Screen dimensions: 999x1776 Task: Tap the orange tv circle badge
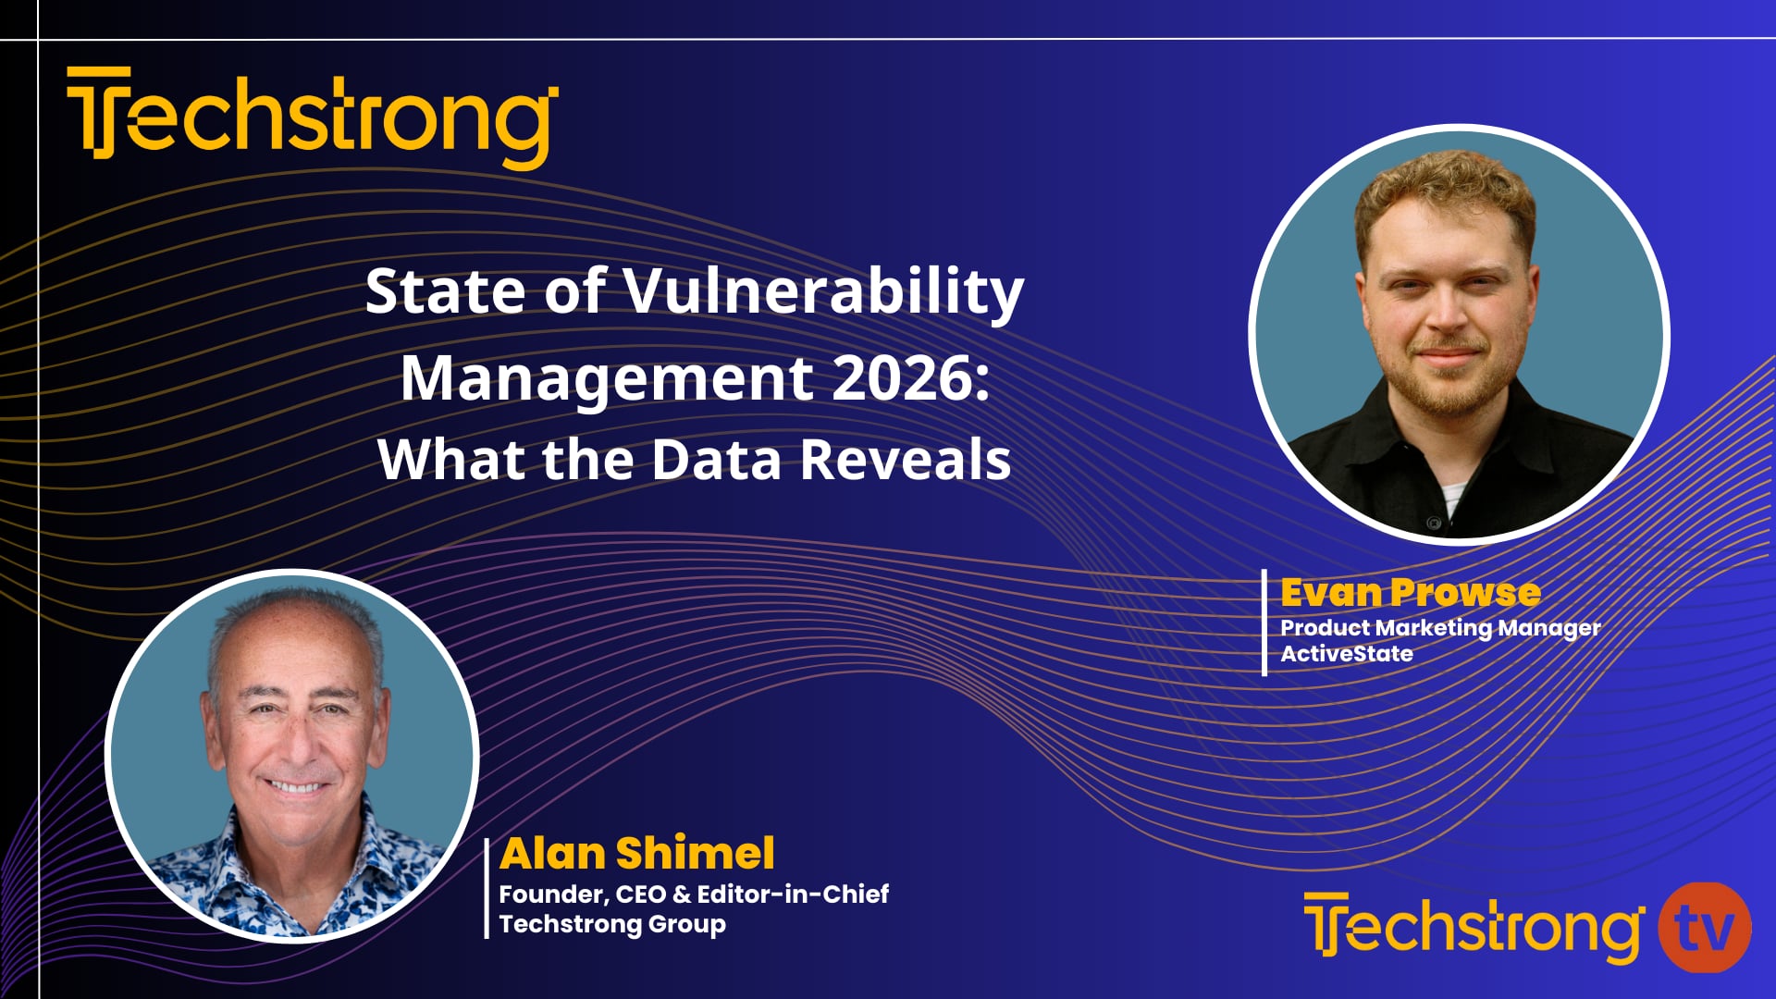[x=1705, y=928]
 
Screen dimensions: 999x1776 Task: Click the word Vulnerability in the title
[x=823, y=292]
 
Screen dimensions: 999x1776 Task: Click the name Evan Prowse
[x=1410, y=592]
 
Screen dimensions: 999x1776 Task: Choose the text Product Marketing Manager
[x=1439, y=627]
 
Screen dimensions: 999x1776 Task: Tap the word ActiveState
[x=1346, y=653]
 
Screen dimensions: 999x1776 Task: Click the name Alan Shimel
[x=636, y=853]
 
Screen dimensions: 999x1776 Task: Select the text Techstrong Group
[x=612, y=923]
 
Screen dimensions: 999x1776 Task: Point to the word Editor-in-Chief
[x=793, y=894]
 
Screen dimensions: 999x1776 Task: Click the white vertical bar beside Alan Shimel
[x=487, y=888]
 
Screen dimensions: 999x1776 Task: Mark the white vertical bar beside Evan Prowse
[x=1264, y=623]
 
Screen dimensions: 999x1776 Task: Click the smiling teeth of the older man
[x=293, y=788]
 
